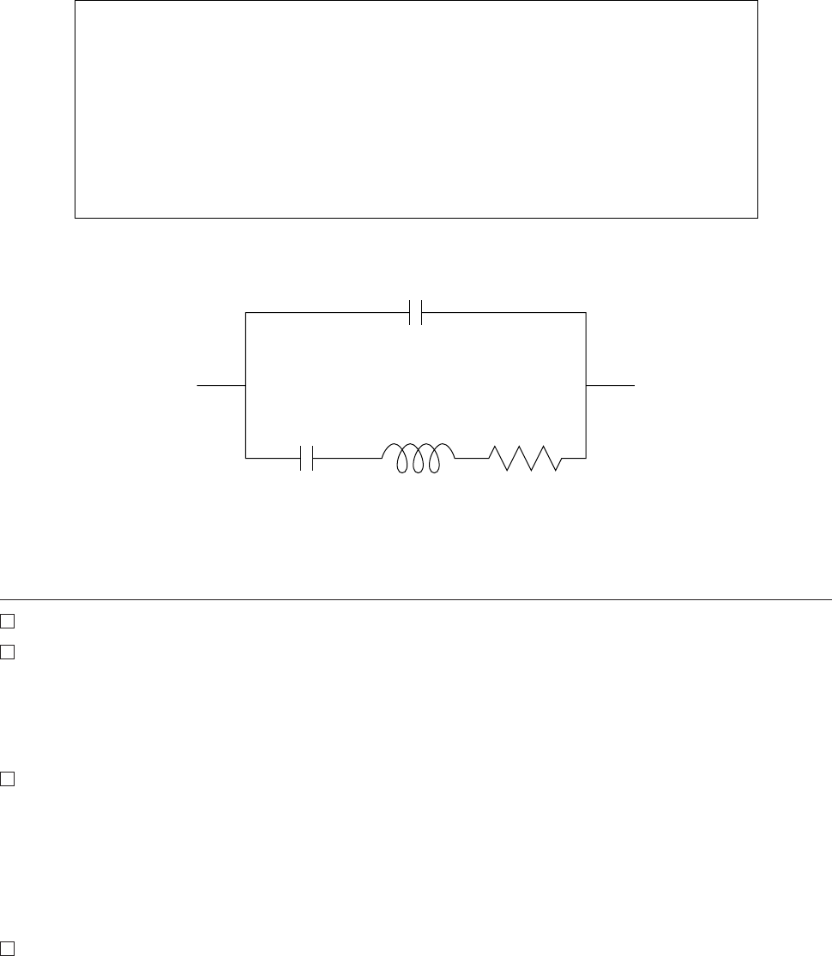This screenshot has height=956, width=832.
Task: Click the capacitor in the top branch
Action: pyautogui.click(x=416, y=313)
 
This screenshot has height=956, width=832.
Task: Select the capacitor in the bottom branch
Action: pyautogui.click(x=308, y=458)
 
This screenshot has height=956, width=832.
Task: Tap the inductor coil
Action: pyautogui.click(x=418, y=458)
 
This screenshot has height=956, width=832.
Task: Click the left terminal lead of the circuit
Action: pyautogui.click(x=221, y=387)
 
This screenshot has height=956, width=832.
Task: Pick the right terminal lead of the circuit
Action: pyautogui.click(x=611, y=387)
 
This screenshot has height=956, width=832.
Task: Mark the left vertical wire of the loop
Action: pyautogui.click(x=246, y=352)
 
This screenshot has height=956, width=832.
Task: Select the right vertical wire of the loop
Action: pyautogui.click(x=586, y=352)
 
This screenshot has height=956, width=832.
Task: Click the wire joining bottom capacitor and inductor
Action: pyautogui.click(x=347, y=458)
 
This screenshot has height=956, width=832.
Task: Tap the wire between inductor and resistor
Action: pyautogui.click(x=472, y=458)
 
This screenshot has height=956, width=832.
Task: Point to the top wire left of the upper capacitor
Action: pyautogui.click(x=326, y=313)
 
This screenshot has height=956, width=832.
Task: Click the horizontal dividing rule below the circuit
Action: pyautogui.click(x=416, y=599)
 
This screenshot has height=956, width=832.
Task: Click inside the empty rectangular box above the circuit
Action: pyautogui.click(x=416, y=109)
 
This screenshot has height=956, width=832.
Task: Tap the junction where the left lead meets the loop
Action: pyautogui.click(x=246, y=387)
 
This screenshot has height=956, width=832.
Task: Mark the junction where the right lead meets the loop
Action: pyautogui.click(x=586, y=387)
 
